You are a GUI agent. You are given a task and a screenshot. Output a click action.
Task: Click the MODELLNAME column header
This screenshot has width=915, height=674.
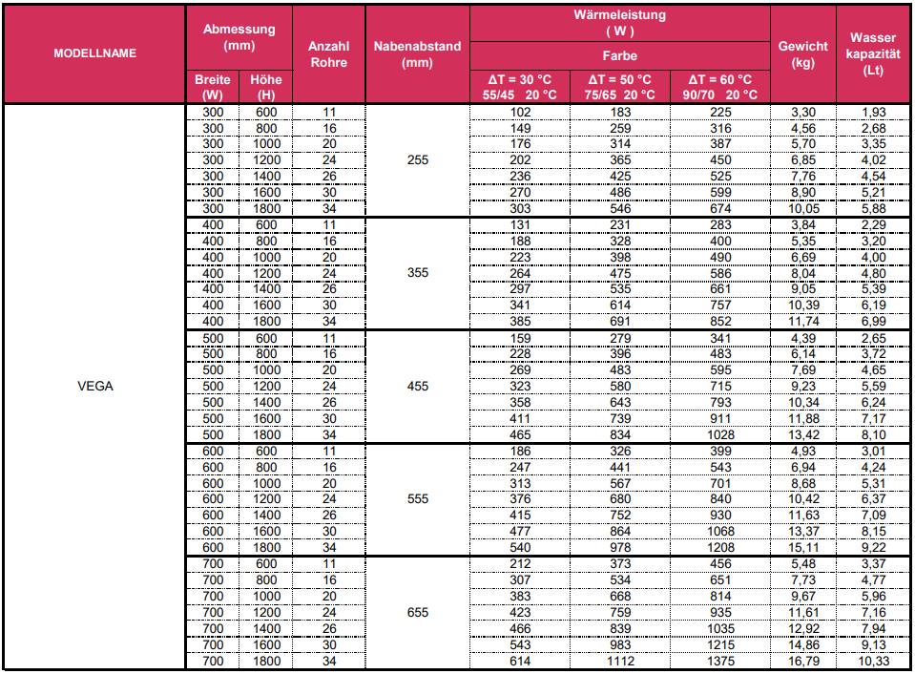pyautogui.click(x=94, y=53)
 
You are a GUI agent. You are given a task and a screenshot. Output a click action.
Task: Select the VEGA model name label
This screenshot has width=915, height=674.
pyautogui.click(x=94, y=387)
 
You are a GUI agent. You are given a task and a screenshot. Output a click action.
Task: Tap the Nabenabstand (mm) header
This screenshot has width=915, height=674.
pyautogui.click(x=417, y=53)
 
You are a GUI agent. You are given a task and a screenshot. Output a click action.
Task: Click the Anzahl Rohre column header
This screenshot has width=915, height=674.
pyautogui.click(x=328, y=53)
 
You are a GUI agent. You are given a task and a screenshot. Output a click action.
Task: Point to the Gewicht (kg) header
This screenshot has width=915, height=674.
pyautogui.click(x=802, y=53)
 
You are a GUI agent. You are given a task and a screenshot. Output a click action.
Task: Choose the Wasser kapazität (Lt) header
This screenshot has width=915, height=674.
pyautogui.click(x=872, y=53)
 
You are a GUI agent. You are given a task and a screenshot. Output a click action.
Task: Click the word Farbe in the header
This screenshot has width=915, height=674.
pyautogui.click(x=619, y=55)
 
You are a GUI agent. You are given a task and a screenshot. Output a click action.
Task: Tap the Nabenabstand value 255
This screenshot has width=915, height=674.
pyautogui.click(x=417, y=159)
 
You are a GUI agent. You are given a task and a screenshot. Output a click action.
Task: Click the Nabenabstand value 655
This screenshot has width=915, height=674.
pyautogui.click(x=417, y=613)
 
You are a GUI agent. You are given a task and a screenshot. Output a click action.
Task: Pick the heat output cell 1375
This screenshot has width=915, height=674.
pyautogui.click(x=719, y=662)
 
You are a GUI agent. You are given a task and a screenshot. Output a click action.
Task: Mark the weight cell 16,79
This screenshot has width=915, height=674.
pyautogui.click(x=802, y=662)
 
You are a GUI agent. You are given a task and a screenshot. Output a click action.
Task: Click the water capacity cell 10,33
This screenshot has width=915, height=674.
pyautogui.click(x=872, y=662)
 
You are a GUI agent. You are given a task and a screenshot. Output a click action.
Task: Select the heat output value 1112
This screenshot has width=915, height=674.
pyautogui.click(x=619, y=662)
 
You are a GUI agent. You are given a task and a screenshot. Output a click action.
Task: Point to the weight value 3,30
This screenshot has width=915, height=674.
pyautogui.click(x=802, y=112)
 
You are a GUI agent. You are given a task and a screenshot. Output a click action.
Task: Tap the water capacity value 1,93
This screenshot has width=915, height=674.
pyautogui.click(x=872, y=112)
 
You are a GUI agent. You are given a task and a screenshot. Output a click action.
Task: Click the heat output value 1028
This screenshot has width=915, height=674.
pyautogui.click(x=719, y=434)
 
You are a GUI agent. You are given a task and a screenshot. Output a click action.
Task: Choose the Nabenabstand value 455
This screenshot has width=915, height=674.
pyautogui.click(x=417, y=387)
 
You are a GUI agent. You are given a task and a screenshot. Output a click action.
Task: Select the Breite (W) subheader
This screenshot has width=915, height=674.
pyautogui.click(x=212, y=87)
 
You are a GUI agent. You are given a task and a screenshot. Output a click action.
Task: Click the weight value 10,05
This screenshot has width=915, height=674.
pyautogui.click(x=802, y=209)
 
